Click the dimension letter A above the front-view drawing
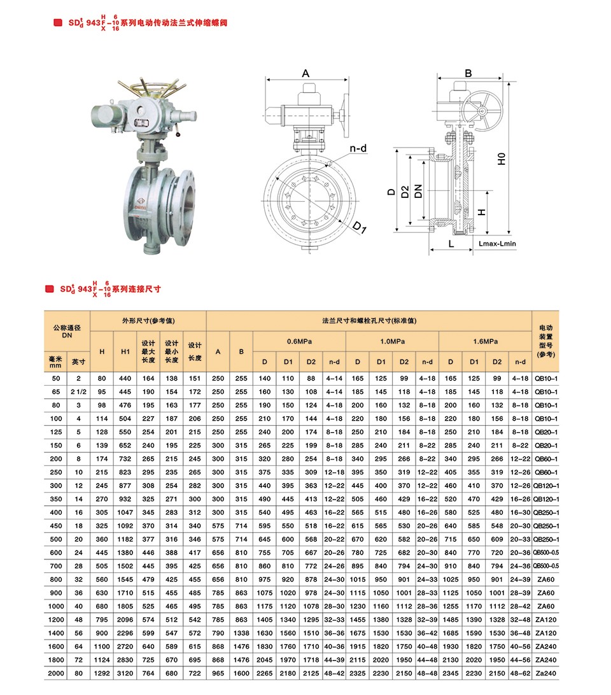305,73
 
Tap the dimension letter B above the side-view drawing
468,73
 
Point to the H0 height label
502,158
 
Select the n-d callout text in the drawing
358,149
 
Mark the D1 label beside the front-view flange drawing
360,227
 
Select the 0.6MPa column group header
299,341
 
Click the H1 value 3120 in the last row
125,673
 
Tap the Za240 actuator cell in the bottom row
545,673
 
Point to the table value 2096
125,619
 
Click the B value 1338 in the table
241,633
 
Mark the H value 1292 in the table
102,673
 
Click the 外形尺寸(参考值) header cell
148,321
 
